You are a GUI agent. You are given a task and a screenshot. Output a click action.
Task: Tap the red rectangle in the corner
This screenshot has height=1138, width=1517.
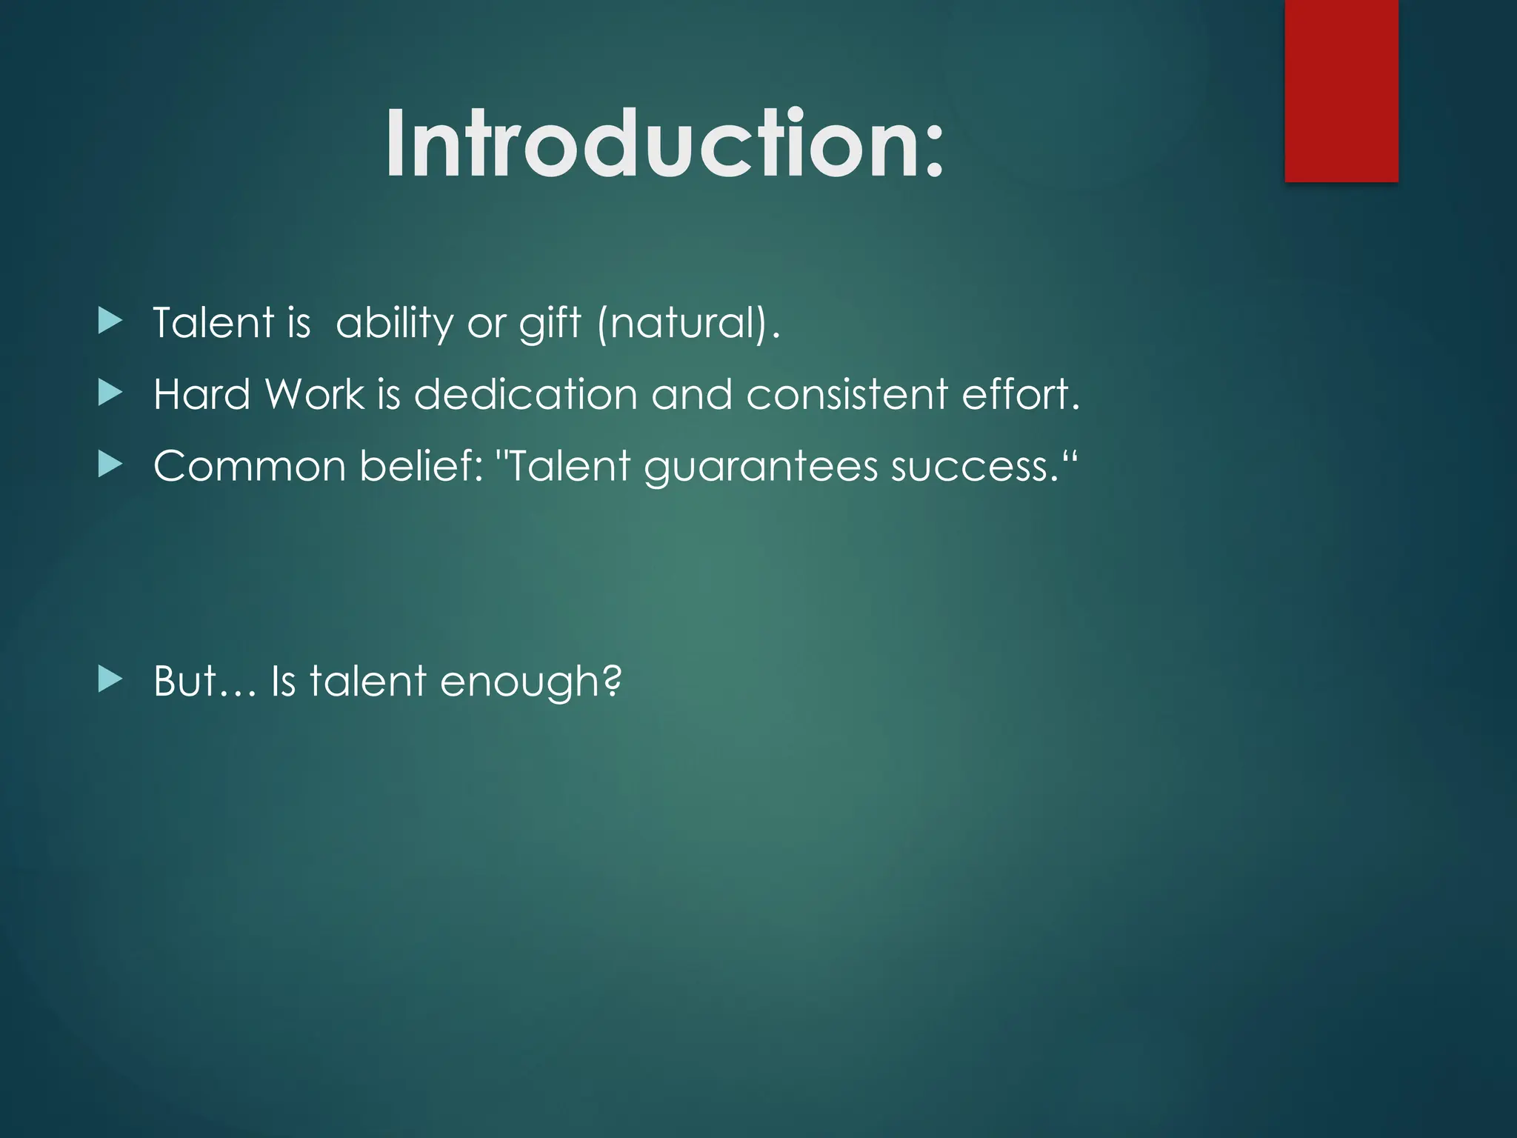(x=1341, y=90)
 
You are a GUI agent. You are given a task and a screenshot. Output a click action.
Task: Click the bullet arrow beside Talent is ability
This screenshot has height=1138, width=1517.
(x=110, y=322)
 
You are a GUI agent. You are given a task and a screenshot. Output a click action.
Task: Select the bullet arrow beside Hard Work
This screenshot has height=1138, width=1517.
(x=110, y=393)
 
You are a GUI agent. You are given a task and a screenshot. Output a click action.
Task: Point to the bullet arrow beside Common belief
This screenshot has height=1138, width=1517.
(x=110, y=465)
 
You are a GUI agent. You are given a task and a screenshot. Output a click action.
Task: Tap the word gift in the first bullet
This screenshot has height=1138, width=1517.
(x=550, y=324)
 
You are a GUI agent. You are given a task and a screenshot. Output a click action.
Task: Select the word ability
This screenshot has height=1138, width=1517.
(x=394, y=324)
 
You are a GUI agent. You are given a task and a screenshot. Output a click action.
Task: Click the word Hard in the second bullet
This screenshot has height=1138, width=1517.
(x=201, y=394)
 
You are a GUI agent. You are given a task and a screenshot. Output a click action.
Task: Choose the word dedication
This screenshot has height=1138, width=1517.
(x=525, y=394)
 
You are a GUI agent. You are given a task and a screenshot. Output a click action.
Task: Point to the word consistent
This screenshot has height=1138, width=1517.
(x=847, y=394)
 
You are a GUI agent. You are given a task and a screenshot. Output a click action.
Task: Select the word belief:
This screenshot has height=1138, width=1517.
(x=421, y=466)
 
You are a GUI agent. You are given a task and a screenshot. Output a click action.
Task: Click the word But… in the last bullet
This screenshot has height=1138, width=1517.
(x=204, y=681)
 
